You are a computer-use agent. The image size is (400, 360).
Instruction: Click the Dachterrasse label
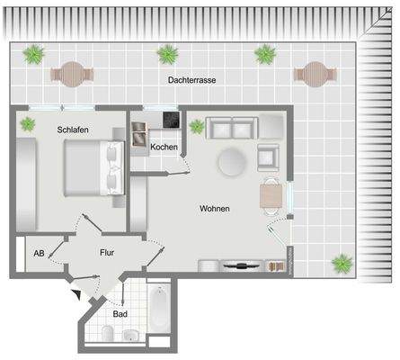point(192,80)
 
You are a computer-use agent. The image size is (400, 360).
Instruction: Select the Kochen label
point(164,147)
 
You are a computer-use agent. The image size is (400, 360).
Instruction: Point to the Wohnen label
point(214,209)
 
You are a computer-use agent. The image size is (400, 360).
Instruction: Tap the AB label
point(39,253)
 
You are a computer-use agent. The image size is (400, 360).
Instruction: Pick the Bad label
point(120,314)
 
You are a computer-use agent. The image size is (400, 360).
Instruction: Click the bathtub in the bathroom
point(157,308)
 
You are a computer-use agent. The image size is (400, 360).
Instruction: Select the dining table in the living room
point(271,195)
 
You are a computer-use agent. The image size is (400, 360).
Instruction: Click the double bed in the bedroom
point(88,168)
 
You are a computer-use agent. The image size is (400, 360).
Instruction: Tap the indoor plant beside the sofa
point(195,126)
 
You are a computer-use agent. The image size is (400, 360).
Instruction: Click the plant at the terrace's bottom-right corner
point(342,265)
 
